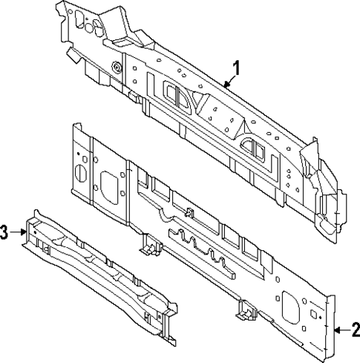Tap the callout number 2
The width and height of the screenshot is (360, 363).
click(x=355, y=330)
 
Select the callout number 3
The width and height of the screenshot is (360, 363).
click(x=6, y=233)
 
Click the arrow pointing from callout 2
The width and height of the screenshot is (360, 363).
click(x=340, y=329)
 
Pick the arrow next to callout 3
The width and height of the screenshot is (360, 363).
click(x=21, y=232)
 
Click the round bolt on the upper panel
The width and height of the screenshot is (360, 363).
click(x=117, y=68)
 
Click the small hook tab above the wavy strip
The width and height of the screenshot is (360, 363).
click(x=189, y=213)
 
